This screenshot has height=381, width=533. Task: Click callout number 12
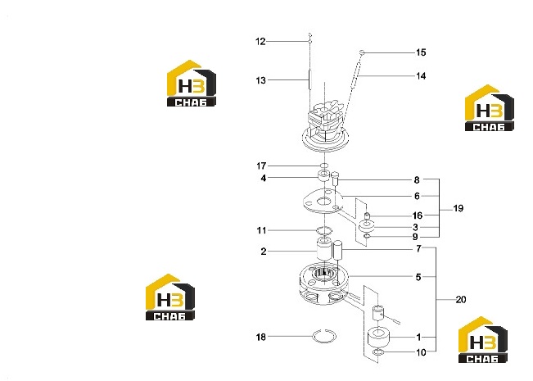tap(260, 42)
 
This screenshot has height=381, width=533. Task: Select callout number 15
tap(421, 52)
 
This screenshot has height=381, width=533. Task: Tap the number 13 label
tap(260, 80)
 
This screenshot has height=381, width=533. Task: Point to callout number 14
tap(421, 76)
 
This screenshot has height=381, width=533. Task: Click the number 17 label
tap(261, 166)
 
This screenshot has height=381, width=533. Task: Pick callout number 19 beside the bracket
tap(458, 208)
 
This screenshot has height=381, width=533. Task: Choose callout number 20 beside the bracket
tap(461, 300)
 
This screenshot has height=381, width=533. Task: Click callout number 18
tap(260, 337)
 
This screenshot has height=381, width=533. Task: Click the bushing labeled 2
tap(323, 249)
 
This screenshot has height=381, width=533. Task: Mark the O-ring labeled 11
tap(324, 230)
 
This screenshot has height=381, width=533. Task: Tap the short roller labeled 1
tap(379, 337)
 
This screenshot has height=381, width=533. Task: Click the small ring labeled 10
tap(378, 352)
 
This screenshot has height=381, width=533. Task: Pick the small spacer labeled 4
tap(324, 175)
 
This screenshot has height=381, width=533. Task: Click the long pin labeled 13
tap(309, 79)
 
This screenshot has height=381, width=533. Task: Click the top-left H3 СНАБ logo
tap(192, 84)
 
